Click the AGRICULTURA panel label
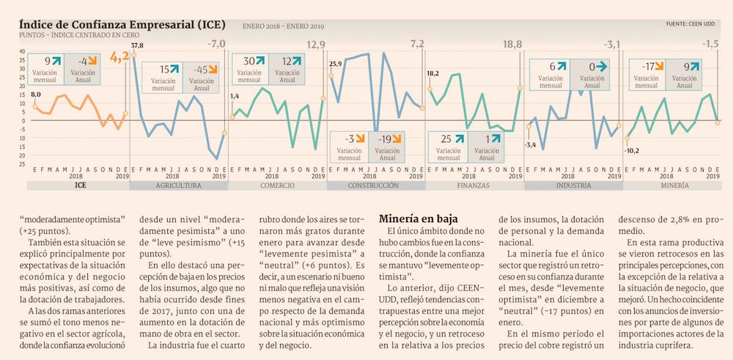[178, 186]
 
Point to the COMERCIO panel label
[278, 186]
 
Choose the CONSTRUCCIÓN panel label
[374, 186]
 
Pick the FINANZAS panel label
[474, 186]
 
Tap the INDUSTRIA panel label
[572, 186]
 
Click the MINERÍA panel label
[673, 186]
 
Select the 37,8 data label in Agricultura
[137, 45]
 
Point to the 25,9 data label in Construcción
[336, 65]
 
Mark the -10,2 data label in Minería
[631, 150]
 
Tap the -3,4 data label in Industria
[531, 144]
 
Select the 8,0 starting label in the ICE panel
[35, 95]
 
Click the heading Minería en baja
[418, 218]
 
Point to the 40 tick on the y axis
[22, 52]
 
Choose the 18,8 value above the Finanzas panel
[512, 45]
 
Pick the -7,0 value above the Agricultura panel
[217, 45]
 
